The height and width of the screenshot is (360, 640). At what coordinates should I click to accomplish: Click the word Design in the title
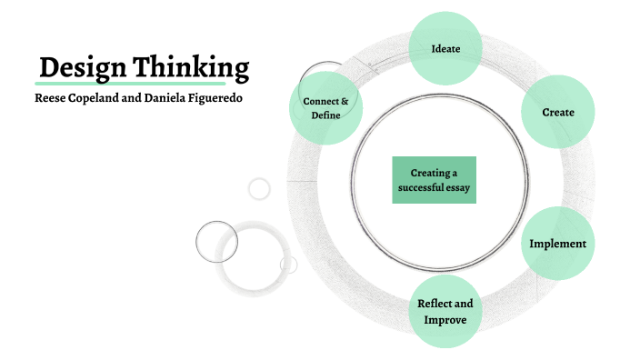click(x=83, y=67)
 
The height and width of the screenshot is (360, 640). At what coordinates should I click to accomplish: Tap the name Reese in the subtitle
click(x=51, y=97)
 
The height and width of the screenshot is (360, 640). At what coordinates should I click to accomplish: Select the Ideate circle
click(x=445, y=47)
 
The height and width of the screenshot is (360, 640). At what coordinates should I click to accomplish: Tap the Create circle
click(x=557, y=113)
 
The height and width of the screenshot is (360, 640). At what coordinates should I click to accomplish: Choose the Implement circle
click(x=557, y=244)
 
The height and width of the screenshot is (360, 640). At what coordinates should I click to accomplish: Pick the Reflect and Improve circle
click(x=445, y=311)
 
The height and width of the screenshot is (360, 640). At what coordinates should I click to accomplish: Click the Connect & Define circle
click(x=325, y=108)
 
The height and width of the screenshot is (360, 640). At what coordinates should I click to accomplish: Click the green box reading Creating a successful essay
click(x=435, y=180)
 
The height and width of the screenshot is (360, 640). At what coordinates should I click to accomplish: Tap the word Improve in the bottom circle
click(x=445, y=320)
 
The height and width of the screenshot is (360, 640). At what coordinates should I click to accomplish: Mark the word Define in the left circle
click(x=325, y=115)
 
